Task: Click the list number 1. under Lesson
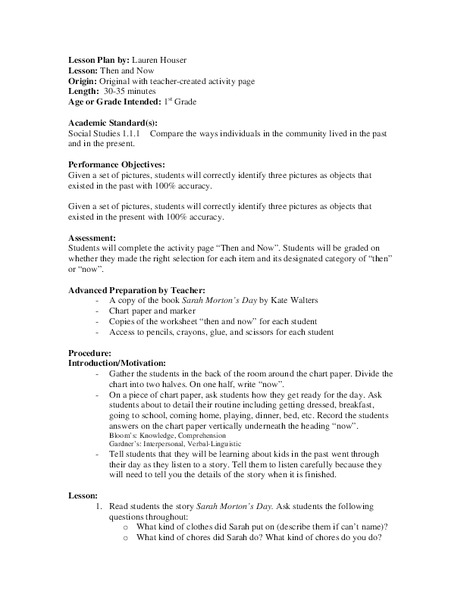tap(98, 508)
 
